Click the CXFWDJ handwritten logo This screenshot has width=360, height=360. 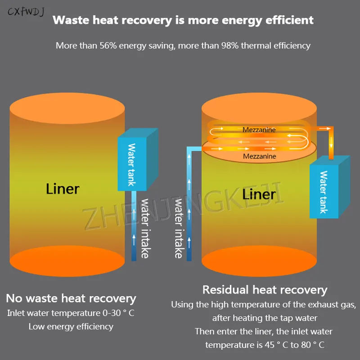click(26, 12)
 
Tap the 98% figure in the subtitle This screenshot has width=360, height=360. click(230, 45)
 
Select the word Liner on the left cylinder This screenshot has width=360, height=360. click(63, 189)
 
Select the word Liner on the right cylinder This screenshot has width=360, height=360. click(259, 194)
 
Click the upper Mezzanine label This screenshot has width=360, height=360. click(259, 130)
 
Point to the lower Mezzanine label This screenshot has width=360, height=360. click(260, 156)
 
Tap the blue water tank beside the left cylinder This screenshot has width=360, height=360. click(138, 160)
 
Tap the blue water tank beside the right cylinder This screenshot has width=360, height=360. click(330, 187)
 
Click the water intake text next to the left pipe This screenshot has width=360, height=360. click(145, 229)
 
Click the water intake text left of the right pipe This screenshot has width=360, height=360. click(179, 229)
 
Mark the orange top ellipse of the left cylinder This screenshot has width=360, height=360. click(67, 108)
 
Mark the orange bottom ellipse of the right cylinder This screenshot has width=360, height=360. click(259, 261)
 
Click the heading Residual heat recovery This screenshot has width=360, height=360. click(265, 290)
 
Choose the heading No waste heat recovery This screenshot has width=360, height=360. click(71, 298)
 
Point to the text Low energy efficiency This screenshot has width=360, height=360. click(71, 327)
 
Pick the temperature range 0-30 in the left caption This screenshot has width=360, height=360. click(112, 313)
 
